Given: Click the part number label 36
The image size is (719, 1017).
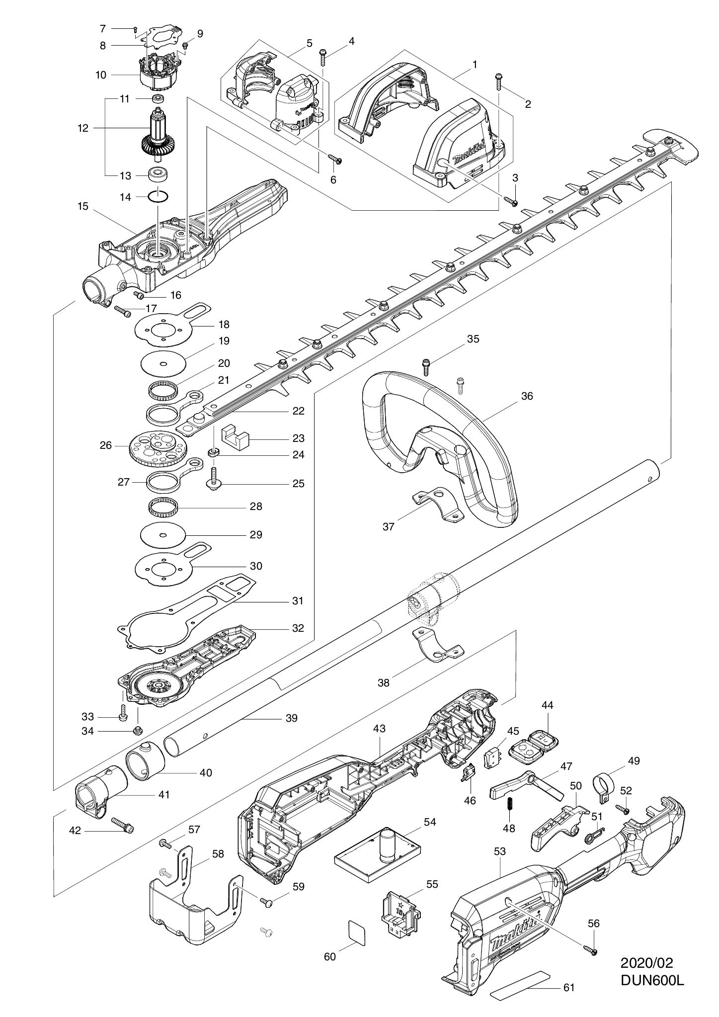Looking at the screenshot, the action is pos(527,396).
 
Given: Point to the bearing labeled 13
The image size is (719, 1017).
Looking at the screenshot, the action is pos(159,175).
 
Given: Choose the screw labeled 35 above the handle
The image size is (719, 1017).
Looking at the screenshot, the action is pos(425,366).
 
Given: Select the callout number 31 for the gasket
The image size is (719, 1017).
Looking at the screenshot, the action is pos(297,601).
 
